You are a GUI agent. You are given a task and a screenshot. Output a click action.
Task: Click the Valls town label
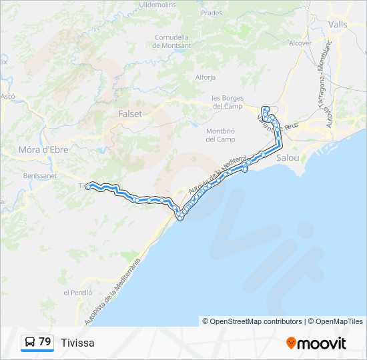(x=338, y=23)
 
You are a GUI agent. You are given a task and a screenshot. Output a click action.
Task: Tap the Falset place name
(x=129, y=113)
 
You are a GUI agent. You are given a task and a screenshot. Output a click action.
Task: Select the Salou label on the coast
(x=288, y=158)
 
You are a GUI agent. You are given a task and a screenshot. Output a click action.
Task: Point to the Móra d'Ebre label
(x=43, y=149)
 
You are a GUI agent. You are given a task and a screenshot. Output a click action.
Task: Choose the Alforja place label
(x=205, y=77)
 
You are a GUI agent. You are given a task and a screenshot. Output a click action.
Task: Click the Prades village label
(x=212, y=13)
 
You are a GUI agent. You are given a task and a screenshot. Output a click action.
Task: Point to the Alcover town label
(x=300, y=43)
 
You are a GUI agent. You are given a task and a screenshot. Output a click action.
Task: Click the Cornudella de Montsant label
(x=171, y=41)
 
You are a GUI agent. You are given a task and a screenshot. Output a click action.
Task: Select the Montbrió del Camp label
(x=220, y=135)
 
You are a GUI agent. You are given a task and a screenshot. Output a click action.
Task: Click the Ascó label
(x=8, y=96)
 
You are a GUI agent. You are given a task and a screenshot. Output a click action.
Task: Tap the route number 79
(x=45, y=342)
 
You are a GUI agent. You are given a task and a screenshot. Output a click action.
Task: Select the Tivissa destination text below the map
(x=77, y=343)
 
